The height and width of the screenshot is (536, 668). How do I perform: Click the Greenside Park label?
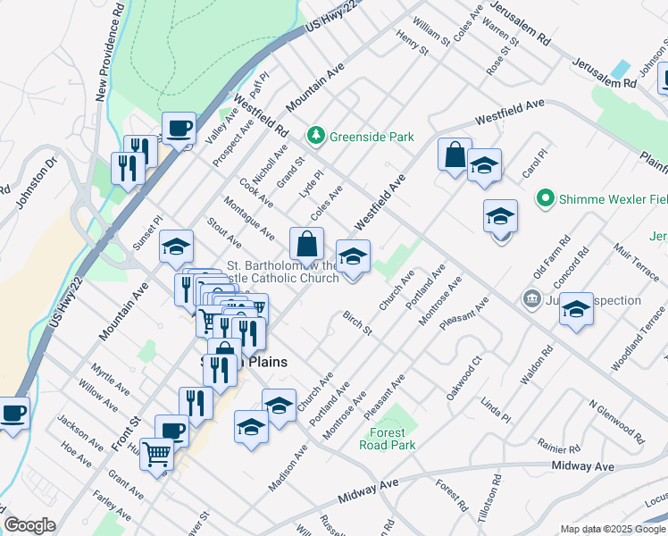tap(372, 137)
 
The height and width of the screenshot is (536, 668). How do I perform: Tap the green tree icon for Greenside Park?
tap(314, 136)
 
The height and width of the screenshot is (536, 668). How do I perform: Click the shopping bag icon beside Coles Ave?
tap(306, 243)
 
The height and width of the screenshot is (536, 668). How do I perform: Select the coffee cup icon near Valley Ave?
tap(179, 127)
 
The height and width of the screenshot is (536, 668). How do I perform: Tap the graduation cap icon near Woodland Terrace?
tap(576, 308)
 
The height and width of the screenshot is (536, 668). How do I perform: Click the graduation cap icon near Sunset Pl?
tap(176, 246)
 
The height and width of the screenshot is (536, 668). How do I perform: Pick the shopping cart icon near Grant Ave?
tap(157, 455)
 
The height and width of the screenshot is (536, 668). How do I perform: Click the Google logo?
tap(29, 525)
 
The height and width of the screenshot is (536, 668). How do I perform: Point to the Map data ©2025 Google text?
tap(612, 529)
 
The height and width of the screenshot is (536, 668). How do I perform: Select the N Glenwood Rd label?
tap(617, 422)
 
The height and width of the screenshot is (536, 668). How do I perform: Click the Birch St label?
tap(356, 323)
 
